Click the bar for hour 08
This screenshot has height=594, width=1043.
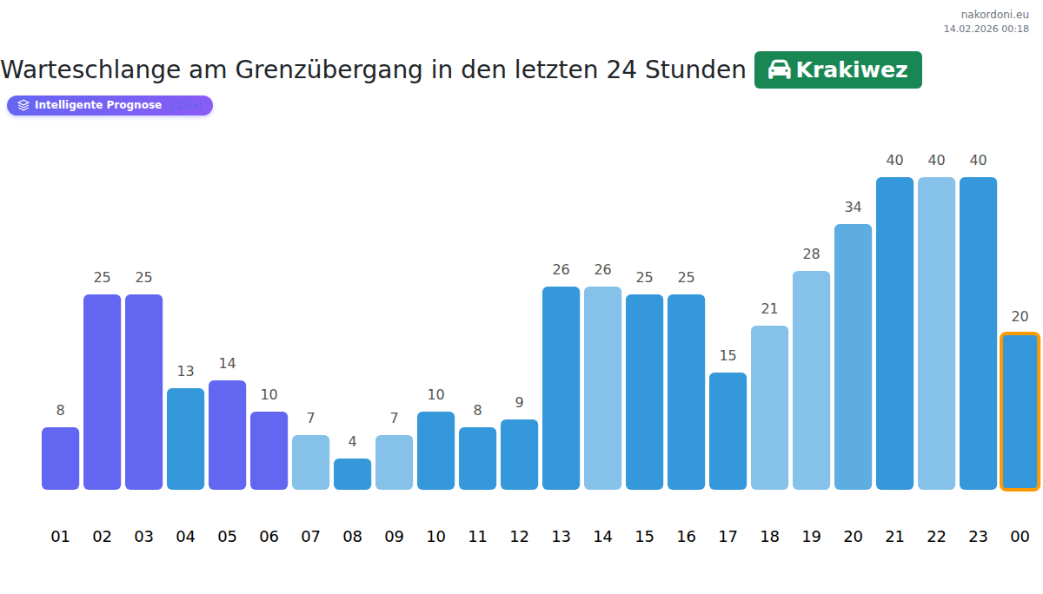pos(352,474)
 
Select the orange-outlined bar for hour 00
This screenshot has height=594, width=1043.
pos(1020,412)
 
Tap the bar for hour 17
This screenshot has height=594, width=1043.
pos(727,431)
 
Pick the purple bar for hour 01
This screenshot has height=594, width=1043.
pos(60,459)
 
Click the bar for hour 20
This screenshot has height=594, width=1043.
pos(853,357)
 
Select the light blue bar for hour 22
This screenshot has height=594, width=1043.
pos(936,333)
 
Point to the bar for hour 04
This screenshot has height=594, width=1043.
pos(185,439)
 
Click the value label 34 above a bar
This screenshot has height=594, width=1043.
pos(853,207)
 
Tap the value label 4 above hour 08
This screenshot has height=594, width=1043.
pos(352,442)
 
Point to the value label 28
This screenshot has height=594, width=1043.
pos(811,254)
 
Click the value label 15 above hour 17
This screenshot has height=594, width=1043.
pos(727,355)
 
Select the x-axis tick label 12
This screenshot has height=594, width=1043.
pos(519,537)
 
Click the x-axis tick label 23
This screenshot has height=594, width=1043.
pos(978,537)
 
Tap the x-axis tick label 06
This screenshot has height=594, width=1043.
pos(269,537)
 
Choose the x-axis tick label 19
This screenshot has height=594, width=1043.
pos(811,537)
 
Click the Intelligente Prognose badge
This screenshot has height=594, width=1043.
pos(110,105)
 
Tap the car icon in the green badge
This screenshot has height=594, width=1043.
pos(779,69)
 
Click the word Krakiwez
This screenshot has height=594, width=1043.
pos(851,70)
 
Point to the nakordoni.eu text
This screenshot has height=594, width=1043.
pos(994,14)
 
